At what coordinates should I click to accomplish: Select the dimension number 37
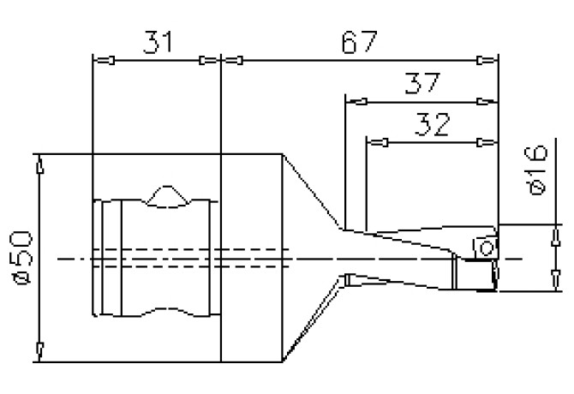(422, 84)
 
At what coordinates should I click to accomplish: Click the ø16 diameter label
(537, 170)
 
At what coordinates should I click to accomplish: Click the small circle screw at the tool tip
(486, 248)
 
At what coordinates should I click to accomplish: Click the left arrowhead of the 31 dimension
(104, 60)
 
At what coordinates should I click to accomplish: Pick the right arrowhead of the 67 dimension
(484, 60)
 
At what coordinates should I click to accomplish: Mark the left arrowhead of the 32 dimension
(378, 141)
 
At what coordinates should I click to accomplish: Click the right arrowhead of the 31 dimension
(208, 60)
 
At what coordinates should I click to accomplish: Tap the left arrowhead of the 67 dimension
(233, 60)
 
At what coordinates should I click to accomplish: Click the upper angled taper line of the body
(313, 190)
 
